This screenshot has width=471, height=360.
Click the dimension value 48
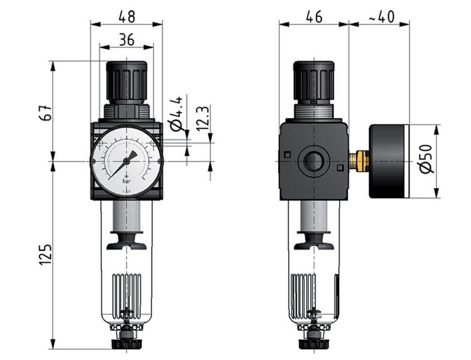pyautogui.click(x=126, y=16)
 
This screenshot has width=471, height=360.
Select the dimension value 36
pyautogui.click(x=126, y=40)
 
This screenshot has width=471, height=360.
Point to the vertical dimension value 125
pyautogui.click(x=44, y=254)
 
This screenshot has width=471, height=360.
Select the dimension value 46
pyautogui.click(x=314, y=16)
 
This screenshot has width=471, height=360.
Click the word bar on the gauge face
pyautogui.click(x=127, y=180)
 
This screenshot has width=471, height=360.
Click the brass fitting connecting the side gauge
pyautogui.click(x=360, y=161)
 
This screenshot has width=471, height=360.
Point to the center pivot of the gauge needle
pyautogui.click(x=127, y=161)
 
